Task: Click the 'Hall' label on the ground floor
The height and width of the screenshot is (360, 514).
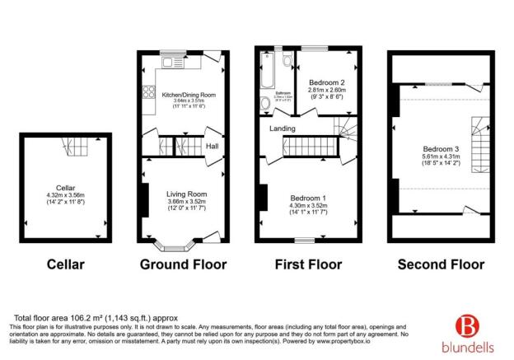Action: pos(212,147)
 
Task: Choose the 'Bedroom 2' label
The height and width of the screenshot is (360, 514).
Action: pos(327,83)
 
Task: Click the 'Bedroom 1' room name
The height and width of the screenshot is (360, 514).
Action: pos(309,198)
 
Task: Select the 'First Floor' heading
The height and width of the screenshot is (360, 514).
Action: pos(306,264)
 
